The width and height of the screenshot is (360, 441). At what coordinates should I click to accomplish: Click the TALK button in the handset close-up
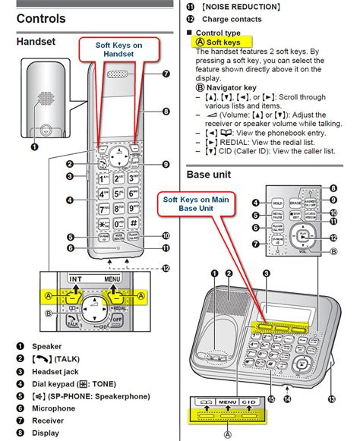[73, 323]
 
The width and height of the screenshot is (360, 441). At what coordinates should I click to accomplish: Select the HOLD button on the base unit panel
[277, 203]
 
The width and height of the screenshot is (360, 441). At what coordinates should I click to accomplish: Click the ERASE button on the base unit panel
[295, 203]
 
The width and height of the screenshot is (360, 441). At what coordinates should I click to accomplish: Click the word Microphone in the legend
[52, 408]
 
